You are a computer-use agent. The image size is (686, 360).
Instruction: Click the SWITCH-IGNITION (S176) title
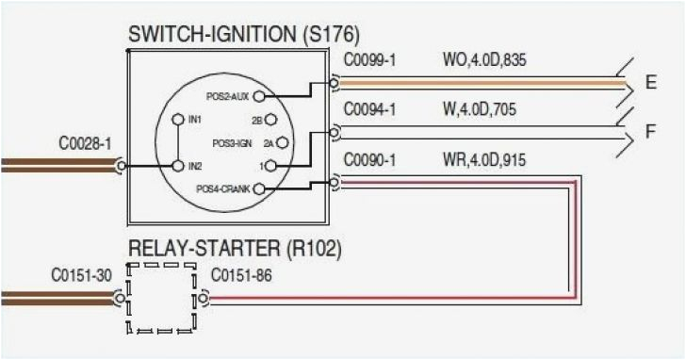243,35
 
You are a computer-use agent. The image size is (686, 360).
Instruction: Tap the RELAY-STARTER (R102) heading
235,250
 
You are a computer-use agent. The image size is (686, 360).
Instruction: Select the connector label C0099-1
369,60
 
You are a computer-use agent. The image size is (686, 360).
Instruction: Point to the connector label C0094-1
369,110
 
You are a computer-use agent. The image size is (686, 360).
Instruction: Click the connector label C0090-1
369,160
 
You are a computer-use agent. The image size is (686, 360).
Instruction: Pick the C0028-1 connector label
85,144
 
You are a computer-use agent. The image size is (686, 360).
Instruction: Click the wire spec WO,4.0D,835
484,60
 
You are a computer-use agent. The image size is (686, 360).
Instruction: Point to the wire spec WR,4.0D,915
483,160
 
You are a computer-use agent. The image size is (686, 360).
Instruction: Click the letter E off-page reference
651,83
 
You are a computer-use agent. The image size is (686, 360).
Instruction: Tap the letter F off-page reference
651,133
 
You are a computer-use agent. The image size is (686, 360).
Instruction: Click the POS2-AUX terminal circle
258,96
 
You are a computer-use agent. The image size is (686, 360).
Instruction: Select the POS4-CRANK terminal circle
258,188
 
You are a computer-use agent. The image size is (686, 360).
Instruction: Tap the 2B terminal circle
270,120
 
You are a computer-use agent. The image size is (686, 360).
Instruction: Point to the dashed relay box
161,298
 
